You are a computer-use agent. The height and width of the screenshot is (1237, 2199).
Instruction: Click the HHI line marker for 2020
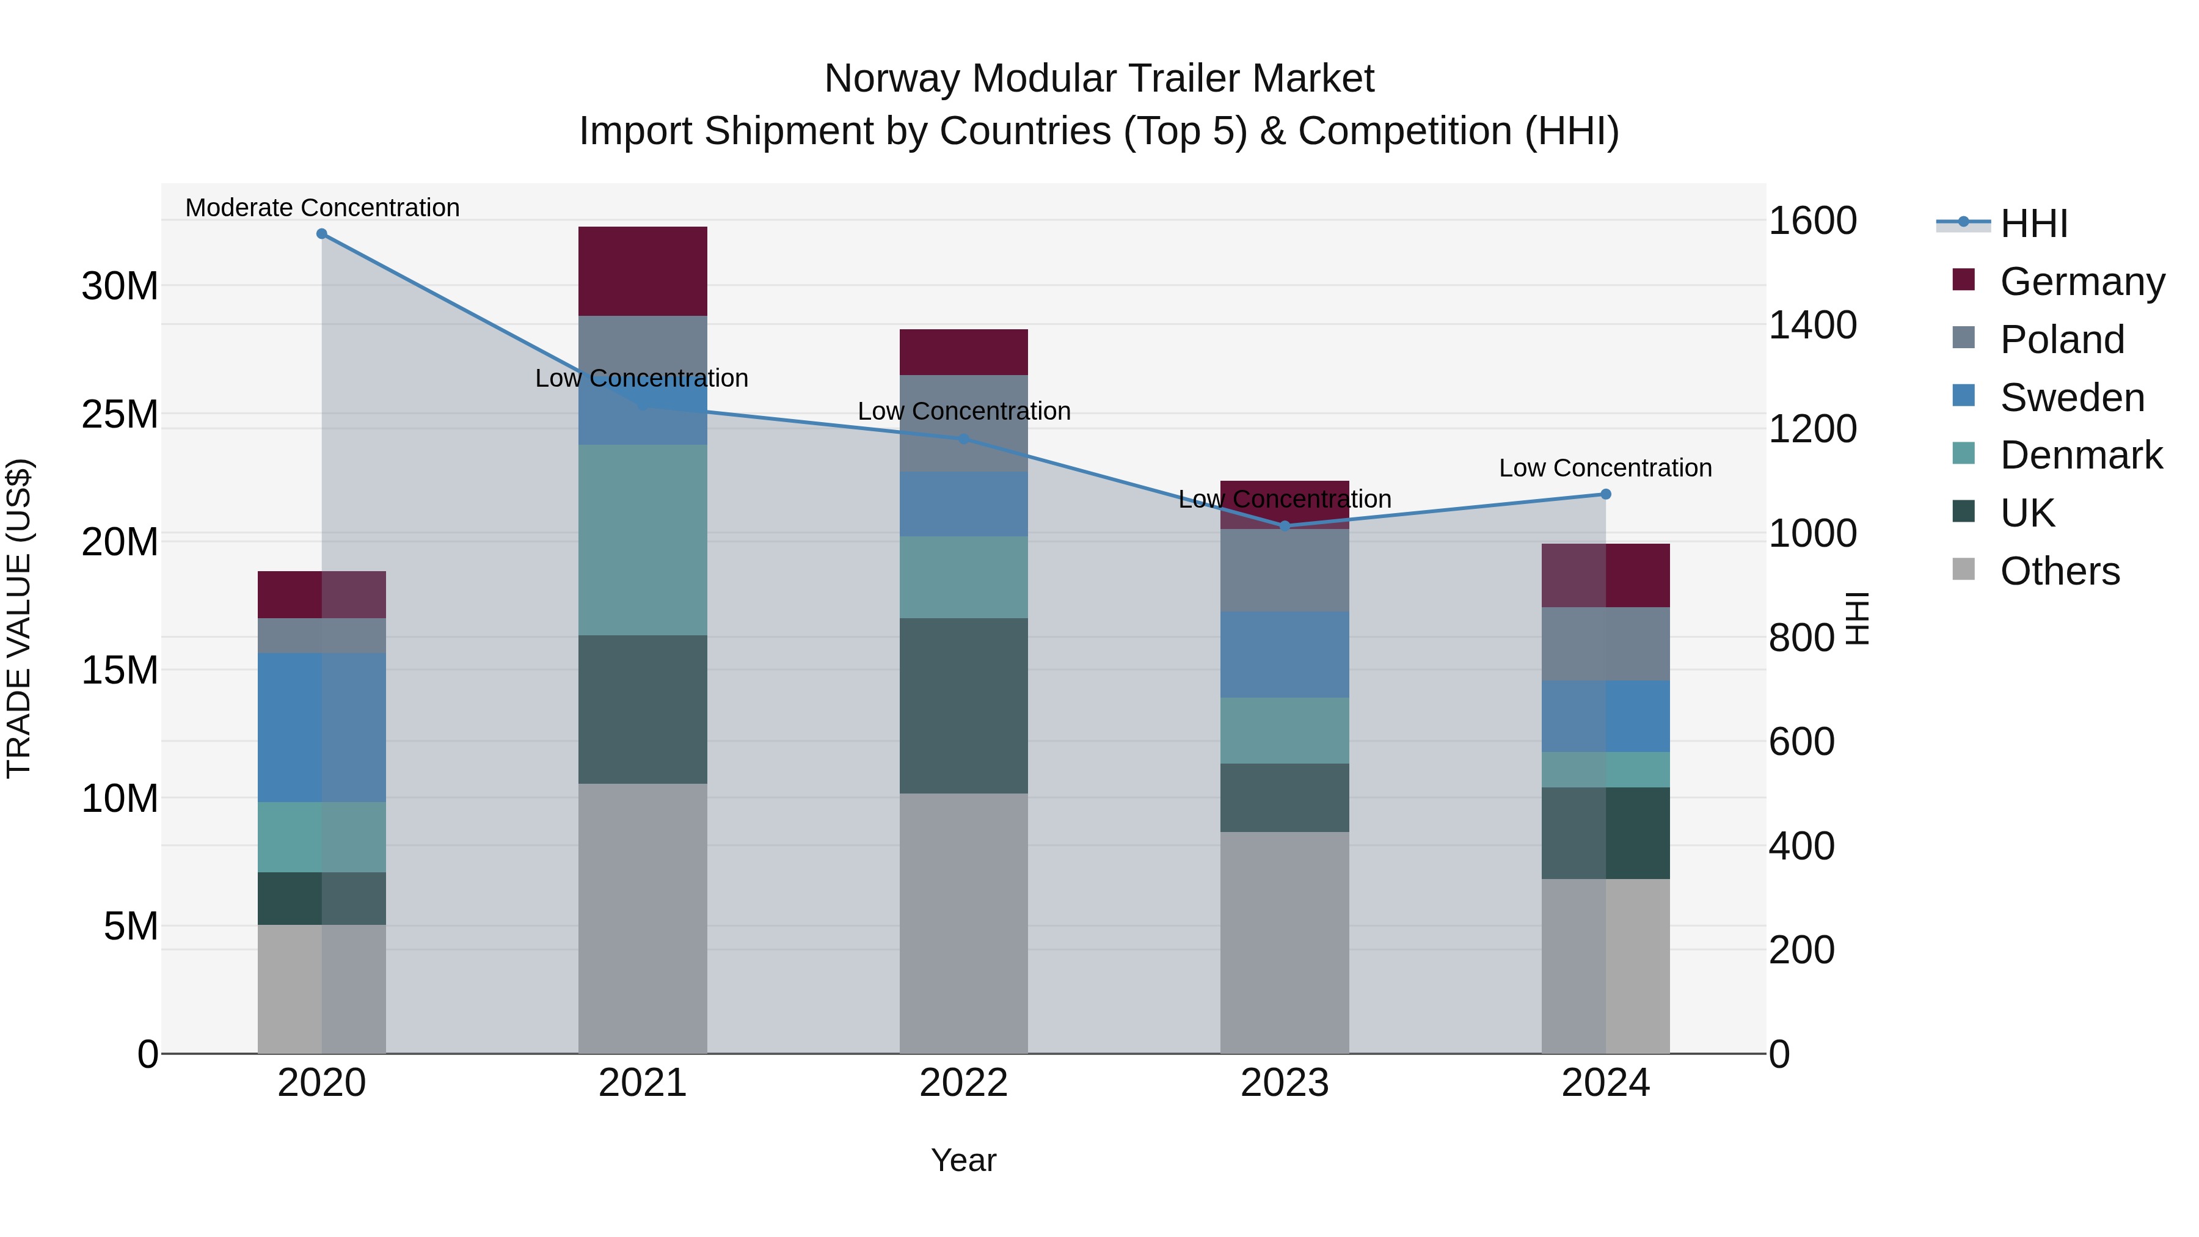[x=322, y=234]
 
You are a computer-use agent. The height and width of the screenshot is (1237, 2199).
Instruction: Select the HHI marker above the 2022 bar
[x=964, y=439]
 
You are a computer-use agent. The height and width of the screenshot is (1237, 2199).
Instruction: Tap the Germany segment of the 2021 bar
[x=643, y=271]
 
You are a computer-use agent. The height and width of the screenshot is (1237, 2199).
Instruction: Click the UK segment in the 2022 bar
[x=964, y=706]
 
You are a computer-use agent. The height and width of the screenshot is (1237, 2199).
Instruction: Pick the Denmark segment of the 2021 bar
[x=643, y=539]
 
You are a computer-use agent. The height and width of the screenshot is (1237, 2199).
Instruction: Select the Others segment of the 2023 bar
[x=1285, y=943]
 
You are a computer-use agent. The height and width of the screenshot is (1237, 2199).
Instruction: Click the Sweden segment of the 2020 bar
[x=322, y=728]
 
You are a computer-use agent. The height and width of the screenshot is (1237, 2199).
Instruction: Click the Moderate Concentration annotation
[x=322, y=208]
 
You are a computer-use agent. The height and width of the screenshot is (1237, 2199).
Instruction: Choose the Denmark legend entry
[x=2080, y=455]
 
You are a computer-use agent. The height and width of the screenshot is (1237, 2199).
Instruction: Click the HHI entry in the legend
[x=2033, y=224]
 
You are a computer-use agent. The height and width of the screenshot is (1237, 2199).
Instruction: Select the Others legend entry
[x=2059, y=571]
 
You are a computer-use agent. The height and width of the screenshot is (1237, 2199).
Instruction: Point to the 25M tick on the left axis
[x=120, y=414]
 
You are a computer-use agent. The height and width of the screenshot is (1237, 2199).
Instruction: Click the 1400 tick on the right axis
[x=1812, y=324]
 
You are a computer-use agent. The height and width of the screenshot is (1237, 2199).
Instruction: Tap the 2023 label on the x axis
[x=1285, y=1083]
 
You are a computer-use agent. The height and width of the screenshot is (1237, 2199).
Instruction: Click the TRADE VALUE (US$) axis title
[x=19, y=618]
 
